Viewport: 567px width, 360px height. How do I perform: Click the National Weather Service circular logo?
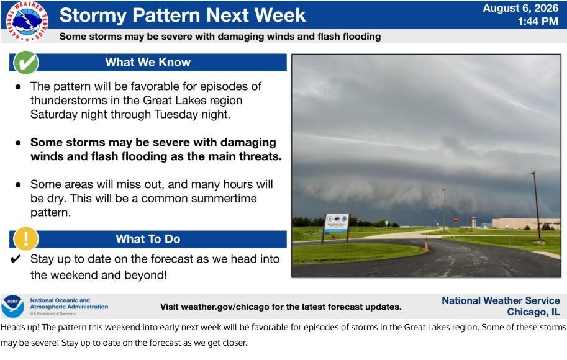click(27, 21)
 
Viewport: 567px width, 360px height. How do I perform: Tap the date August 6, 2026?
click(520, 8)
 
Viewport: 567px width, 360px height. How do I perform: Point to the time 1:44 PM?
click(538, 21)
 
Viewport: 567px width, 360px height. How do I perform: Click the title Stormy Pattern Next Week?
click(183, 15)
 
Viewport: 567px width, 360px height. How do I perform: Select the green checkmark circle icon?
click(26, 62)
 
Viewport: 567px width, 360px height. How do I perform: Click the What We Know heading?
click(148, 62)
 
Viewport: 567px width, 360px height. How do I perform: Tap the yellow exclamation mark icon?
click(25, 238)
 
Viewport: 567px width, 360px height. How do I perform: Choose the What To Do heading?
click(148, 239)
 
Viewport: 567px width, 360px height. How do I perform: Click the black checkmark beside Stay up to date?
click(16, 259)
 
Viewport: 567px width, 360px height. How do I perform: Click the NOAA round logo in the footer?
click(12, 307)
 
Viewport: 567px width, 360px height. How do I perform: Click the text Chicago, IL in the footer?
click(533, 312)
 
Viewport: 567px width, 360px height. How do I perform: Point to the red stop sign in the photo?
click(456, 219)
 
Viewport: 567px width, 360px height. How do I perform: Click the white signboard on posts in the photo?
click(336, 223)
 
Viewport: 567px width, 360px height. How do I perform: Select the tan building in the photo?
click(526, 223)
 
